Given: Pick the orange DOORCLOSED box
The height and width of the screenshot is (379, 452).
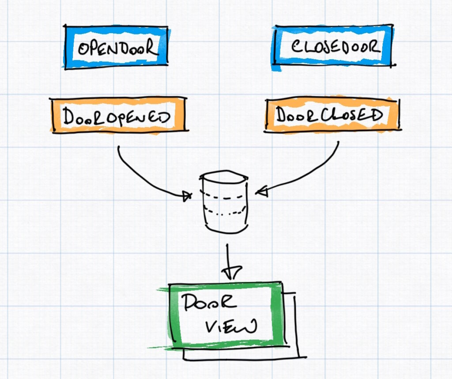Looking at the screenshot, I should click(331, 115).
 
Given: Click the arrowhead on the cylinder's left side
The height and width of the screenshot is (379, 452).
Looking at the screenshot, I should click(188, 196).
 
